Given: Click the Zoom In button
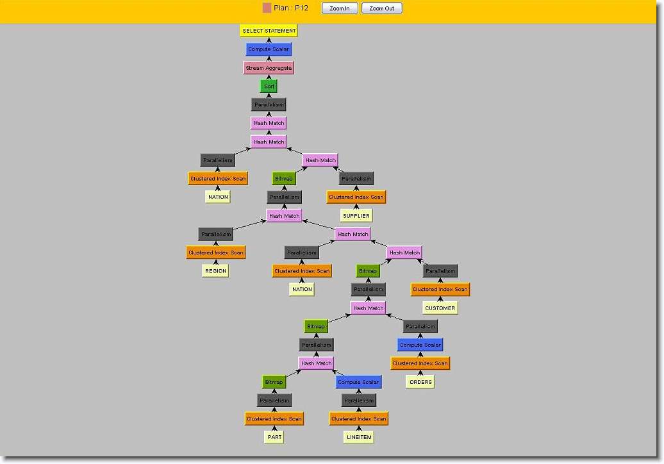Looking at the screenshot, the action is (x=340, y=8).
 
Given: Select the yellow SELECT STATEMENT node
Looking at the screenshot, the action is (x=269, y=31).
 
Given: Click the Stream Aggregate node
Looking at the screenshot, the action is (x=269, y=68).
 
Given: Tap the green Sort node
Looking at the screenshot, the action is (x=269, y=87).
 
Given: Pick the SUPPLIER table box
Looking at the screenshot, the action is (x=356, y=215).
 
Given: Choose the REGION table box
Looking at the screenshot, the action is (x=215, y=271).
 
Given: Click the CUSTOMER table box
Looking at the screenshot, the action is (x=440, y=308).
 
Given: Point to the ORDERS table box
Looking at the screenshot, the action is (x=420, y=382).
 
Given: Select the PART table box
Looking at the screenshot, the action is (x=274, y=437).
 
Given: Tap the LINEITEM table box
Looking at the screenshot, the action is (x=359, y=437).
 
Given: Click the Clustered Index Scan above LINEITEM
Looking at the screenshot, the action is (x=359, y=418).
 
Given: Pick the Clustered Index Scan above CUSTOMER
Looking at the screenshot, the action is (x=440, y=289).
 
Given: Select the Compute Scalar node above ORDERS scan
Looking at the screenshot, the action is (x=420, y=345).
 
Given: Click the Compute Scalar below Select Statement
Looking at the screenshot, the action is (x=269, y=49).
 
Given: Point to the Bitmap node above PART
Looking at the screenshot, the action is (x=274, y=382).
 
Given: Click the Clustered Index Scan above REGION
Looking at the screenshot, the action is (x=215, y=253).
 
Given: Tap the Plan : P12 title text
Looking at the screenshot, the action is (x=291, y=8).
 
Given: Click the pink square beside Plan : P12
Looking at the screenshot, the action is (x=267, y=8).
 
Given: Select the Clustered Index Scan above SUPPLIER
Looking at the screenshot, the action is (x=356, y=197).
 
